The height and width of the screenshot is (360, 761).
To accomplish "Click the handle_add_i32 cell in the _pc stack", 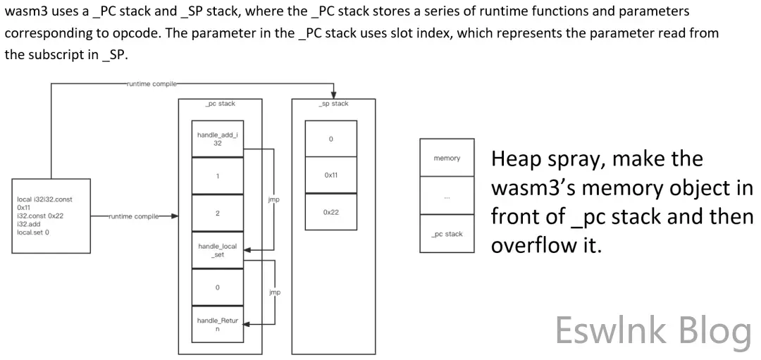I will click(x=218, y=138).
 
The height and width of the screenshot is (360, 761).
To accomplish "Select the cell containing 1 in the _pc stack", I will click(x=218, y=175).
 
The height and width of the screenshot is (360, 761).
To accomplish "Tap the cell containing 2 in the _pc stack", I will click(x=218, y=213).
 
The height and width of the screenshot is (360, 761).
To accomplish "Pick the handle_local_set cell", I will click(x=218, y=250).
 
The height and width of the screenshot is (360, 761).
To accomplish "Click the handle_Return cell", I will click(x=218, y=325).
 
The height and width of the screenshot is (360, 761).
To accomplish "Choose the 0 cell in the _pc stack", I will click(x=218, y=287).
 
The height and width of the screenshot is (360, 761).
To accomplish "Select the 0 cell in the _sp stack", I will click(x=330, y=139).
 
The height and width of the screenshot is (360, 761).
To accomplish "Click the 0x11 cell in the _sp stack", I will click(x=330, y=175).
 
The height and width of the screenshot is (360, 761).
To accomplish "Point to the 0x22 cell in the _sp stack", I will click(x=330, y=211).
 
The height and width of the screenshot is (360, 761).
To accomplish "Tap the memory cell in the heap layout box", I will click(x=447, y=158).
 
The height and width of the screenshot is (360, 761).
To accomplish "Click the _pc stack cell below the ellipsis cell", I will click(x=447, y=234).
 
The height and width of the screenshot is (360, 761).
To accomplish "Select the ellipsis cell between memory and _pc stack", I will click(x=447, y=197).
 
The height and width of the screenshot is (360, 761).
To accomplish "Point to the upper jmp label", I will click(x=274, y=199).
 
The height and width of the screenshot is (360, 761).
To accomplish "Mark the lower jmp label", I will click(x=274, y=292).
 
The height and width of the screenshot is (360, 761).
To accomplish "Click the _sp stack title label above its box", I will click(x=334, y=104).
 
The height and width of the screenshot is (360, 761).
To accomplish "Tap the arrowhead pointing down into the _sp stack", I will click(x=334, y=95).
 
